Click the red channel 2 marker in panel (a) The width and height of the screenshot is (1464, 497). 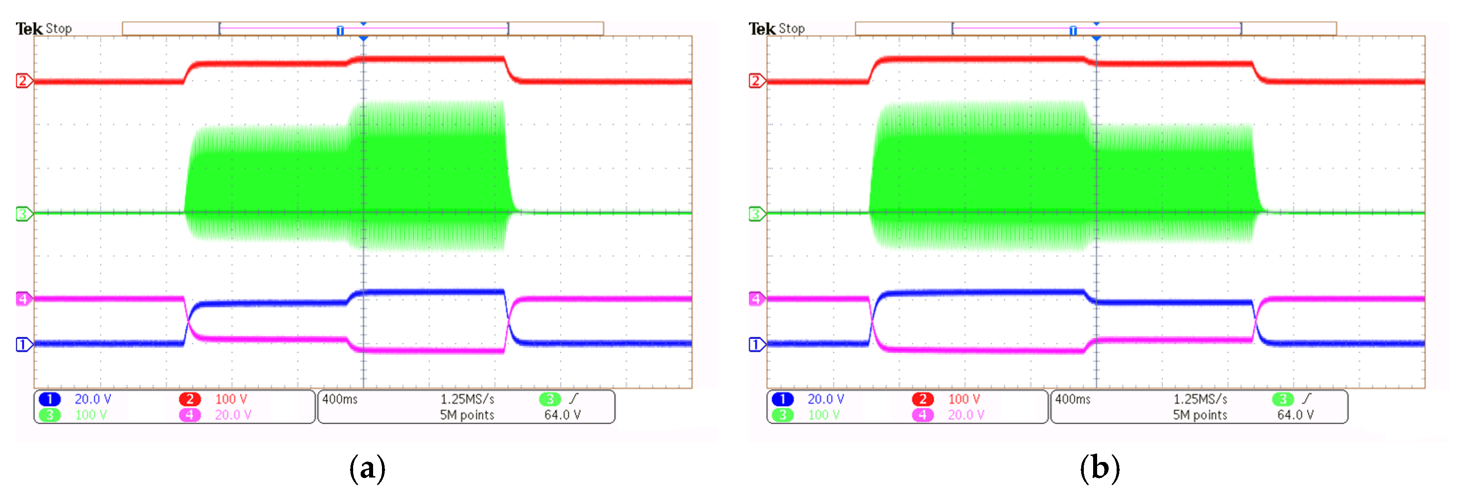(x=23, y=81)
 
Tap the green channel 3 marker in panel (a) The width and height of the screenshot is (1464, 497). (x=23, y=214)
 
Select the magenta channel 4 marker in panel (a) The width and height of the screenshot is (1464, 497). (x=23, y=299)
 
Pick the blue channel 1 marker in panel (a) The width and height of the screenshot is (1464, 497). (x=23, y=344)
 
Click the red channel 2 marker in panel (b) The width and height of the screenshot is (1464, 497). (x=755, y=81)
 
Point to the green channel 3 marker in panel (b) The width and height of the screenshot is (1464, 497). (x=755, y=214)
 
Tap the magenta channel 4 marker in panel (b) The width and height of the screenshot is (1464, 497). (x=755, y=299)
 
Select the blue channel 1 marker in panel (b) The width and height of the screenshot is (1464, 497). (x=755, y=344)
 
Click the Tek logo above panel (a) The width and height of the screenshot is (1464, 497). (x=28, y=28)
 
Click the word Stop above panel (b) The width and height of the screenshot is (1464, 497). (x=792, y=28)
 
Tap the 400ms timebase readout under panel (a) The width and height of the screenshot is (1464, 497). (x=340, y=399)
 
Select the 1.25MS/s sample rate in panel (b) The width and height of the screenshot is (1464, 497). (x=1200, y=399)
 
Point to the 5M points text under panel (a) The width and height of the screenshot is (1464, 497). (x=467, y=415)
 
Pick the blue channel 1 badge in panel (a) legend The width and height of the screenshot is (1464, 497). (x=50, y=399)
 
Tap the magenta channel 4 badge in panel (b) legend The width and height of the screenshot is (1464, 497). (x=923, y=415)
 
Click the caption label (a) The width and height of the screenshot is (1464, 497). (x=367, y=469)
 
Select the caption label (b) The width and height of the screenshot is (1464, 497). (x=1100, y=469)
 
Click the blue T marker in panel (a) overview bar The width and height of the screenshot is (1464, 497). (x=340, y=31)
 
